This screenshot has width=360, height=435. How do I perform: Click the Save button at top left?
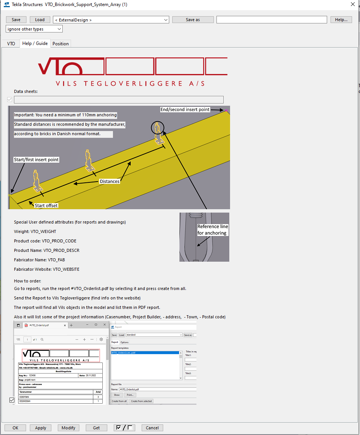point(16,20)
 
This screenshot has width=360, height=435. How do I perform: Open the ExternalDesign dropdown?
point(111,20)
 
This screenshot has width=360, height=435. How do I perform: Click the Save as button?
point(193,20)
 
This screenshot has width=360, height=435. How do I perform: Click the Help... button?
point(341,20)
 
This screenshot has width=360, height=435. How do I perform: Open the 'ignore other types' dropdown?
point(34,29)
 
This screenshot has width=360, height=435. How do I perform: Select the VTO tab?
point(11,44)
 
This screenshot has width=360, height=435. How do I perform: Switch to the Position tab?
point(60,44)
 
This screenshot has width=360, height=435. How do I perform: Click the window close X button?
point(352,5)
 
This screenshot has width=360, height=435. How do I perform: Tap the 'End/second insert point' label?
point(185,110)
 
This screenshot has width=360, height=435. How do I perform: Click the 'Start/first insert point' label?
point(36,160)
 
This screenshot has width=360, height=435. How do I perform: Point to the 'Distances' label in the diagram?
point(110,182)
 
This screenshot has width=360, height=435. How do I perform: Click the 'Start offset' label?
point(46,206)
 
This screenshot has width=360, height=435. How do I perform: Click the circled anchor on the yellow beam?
point(158,128)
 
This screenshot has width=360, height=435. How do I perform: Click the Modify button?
point(68,428)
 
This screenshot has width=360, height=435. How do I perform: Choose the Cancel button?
point(152,428)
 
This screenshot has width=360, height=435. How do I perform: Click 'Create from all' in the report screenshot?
point(119,401)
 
